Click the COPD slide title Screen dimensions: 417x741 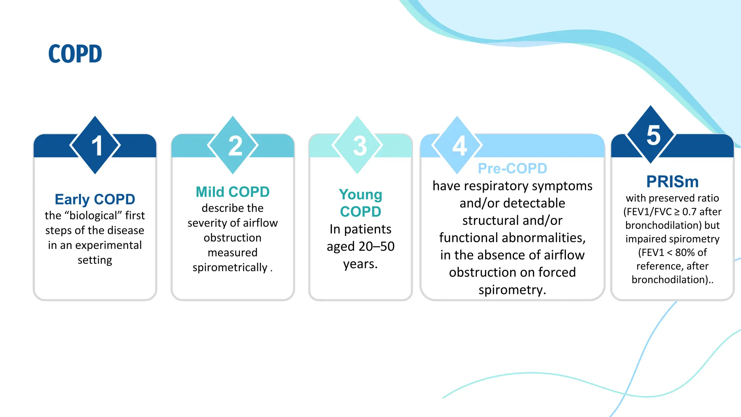75,54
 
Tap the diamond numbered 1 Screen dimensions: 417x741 95,145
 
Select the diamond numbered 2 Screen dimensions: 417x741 233,145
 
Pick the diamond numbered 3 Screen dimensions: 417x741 357,145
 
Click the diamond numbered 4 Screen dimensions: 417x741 457,145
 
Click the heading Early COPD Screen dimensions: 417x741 95,199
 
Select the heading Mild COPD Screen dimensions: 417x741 233,192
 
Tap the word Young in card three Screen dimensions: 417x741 360,194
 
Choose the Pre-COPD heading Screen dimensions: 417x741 512,168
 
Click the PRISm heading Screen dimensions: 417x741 672,181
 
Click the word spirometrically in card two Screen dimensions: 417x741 230,268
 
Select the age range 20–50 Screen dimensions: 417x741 376,247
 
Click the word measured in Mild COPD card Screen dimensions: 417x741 233,253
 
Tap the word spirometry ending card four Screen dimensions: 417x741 512,290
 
